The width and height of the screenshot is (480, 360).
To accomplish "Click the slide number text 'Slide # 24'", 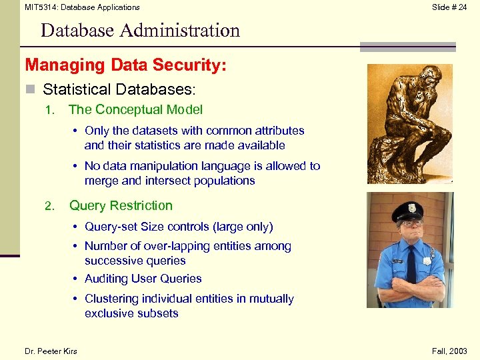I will click(449, 7).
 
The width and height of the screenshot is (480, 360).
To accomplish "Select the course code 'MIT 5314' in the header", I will click(41, 7).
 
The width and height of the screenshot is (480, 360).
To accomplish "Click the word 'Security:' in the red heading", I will click(194, 65).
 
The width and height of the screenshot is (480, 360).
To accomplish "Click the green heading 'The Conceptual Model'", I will click(135, 110).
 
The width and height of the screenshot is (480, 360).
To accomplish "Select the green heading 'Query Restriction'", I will click(121, 206).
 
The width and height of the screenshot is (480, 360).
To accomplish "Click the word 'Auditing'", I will click(109, 279).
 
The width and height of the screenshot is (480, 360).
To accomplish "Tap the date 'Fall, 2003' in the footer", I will click(449, 351).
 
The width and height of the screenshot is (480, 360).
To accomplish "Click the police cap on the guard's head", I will click(407, 213).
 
